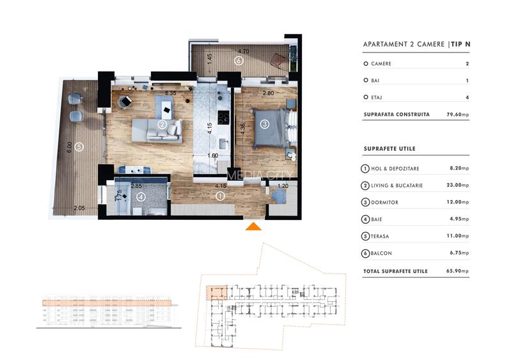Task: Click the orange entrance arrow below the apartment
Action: pyautogui.click(x=254, y=226)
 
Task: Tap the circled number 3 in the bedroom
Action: pyautogui.click(x=264, y=124)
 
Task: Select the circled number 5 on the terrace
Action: pyautogui.click(x=78, y=146)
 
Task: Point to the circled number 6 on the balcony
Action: pyautogui.click(x=238, y=61)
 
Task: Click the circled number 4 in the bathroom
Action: pyautogui.click(x=141, y=197)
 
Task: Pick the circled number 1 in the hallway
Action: pyautogui.click(x=220, y=196)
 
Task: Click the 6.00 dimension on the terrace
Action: pyautogui.click(x=70, y=146)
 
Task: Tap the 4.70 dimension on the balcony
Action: pyautogui.click(x=243, y=51)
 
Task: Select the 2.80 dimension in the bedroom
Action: pyautogui.click(x=251, y=93)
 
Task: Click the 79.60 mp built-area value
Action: pyautogui.click(x=457, y=114)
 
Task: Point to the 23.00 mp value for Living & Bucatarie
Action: pyautogui.click(x=459, y=185)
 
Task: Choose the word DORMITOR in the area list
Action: pyautogui.click(x=384, y=202)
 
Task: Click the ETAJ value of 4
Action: pyautogui.click(x=468, y=97)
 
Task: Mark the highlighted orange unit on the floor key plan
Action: pyautogui.click(x=216, y=293)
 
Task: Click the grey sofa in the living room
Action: pyautogui.click(x=164, y=130)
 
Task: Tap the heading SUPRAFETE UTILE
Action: pyautogui.click(x=389, y=148)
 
